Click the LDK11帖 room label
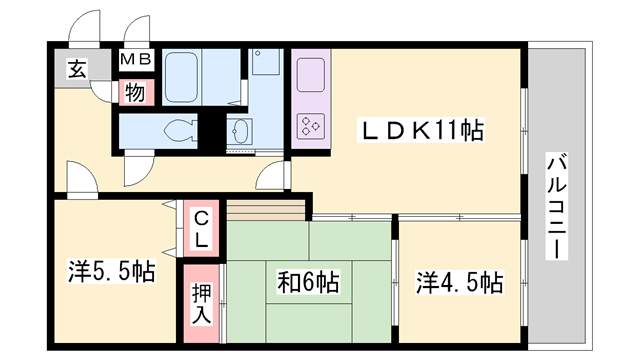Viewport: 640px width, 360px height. tap(421, 130)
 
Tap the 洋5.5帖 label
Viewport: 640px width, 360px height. tap(111, 271)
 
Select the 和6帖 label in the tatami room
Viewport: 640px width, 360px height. tap(309, 282)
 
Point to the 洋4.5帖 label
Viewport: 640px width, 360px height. tap(460, 282)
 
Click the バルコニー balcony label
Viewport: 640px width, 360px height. tap(557, 206)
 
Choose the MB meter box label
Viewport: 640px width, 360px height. tap(136, 59)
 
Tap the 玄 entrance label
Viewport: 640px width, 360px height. tap(77, 69)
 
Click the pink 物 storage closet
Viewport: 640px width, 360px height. tap(136, 93)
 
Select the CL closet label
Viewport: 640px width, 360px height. tap(201, 229)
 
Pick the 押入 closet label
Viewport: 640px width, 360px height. tap(202, 304)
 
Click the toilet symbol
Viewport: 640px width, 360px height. tap(180, 131)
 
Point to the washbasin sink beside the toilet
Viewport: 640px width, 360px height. tap(239, 131)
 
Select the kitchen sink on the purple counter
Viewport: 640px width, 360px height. tap(311, 75)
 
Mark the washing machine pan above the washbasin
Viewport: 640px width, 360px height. tap(265, 62)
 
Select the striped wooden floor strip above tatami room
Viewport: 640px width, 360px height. tap(266, 211)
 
